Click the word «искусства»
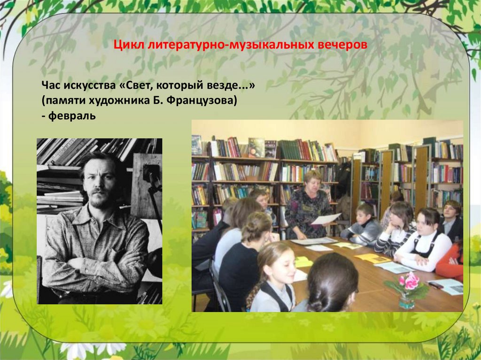[x=85, y=85]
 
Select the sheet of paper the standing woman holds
[x=326, y=218]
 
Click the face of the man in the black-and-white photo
[x=100, y=183]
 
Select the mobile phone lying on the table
[x=435, y=285]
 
